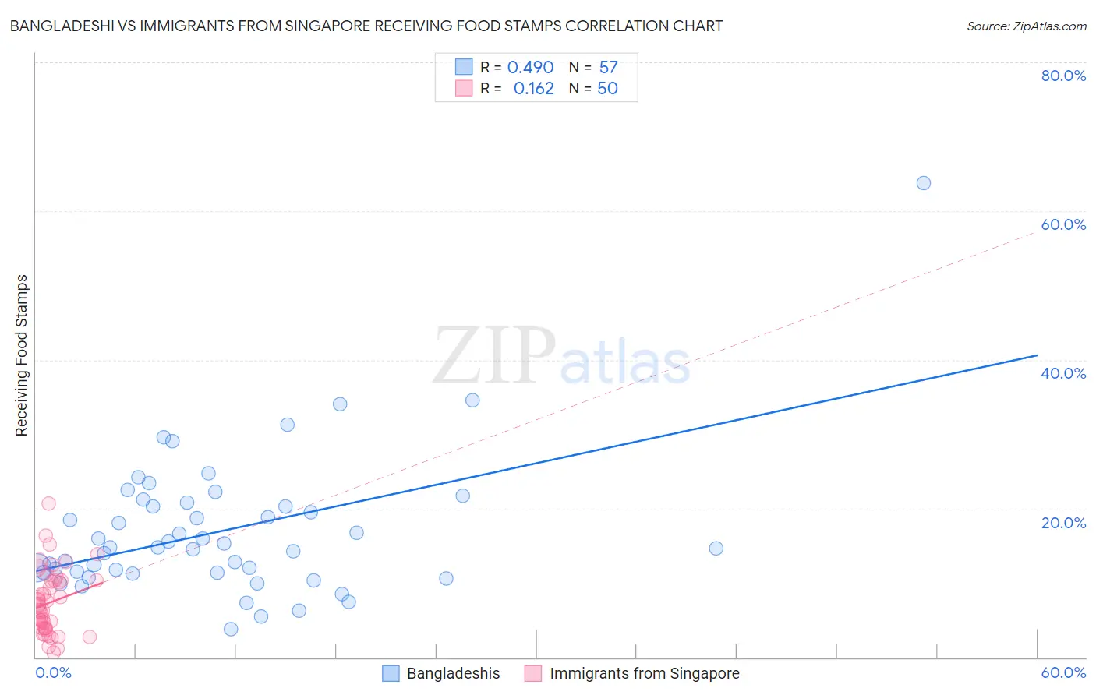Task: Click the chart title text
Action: tap(366, 26)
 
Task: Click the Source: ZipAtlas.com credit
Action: tap(1026, 26)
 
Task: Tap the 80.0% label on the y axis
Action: tap(1063, 76)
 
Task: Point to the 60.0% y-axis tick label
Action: tap(1063, 224)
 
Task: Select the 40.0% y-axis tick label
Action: tap(1063, 373)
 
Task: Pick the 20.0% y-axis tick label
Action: tap(1063, 522)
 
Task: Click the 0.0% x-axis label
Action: tap(54, 672)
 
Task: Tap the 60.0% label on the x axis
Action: tap(1063, 672)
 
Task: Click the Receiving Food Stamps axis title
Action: tap(21, 355)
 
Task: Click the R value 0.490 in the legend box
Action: tap(530, 68)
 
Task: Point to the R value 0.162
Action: tap(533, 89)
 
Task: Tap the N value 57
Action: tap(608, 68)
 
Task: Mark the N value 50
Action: tap(607, 89)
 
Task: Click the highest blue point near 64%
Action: tap(923, 183)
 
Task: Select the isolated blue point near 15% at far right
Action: tap(716, 548)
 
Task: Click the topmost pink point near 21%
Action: tap(48, 503)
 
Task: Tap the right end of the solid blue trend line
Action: tap(1037, 355)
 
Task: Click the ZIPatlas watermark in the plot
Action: tap(561, 357)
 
